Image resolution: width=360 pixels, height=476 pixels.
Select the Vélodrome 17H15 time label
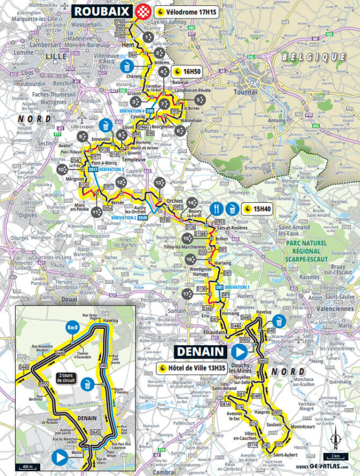[x=186, y=11]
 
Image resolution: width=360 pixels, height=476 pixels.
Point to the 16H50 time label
[x=186, y=71]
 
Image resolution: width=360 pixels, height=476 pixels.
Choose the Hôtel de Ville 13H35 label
[x=198, y=368]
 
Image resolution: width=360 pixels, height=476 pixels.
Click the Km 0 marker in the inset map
[x=72, y=327]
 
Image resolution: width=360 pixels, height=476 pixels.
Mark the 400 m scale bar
[x=26, y=466]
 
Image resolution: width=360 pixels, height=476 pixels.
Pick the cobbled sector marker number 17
[x=186, y=294]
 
